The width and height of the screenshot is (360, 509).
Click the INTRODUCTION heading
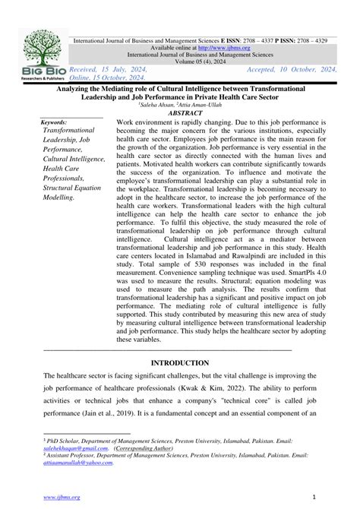click(179, 363)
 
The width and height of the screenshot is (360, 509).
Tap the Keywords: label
click(55, 122)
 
